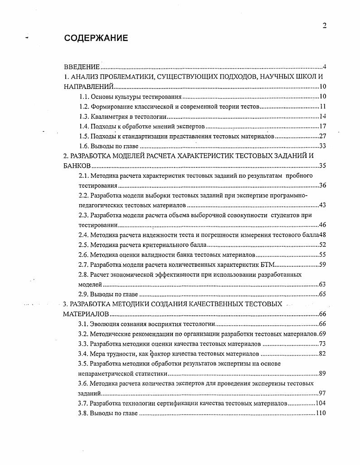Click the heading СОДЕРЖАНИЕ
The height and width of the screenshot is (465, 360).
(x=96, y=38)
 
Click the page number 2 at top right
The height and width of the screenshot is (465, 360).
(x=324, y=26)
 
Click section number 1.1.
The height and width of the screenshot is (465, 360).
(x=83, y=97)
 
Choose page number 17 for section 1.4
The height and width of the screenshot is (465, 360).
(x=323, y=127)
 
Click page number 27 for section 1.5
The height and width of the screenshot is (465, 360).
(x=323, y=137)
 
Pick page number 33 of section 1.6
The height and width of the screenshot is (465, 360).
(x=323, y=147)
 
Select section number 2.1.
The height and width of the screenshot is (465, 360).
(x=83, y=176)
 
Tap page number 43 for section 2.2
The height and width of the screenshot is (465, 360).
(x=323, y=205)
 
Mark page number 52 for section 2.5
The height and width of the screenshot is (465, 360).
(x=323, y=245)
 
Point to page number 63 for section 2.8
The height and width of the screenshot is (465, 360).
(x=323, y=284)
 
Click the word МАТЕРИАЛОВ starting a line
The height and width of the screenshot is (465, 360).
(x=85, y=314)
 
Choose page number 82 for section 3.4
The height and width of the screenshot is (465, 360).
(x=323, y=354)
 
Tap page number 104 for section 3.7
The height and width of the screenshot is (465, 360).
(x=321, y=403)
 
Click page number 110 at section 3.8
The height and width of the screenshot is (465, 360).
(x=321, y=413)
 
